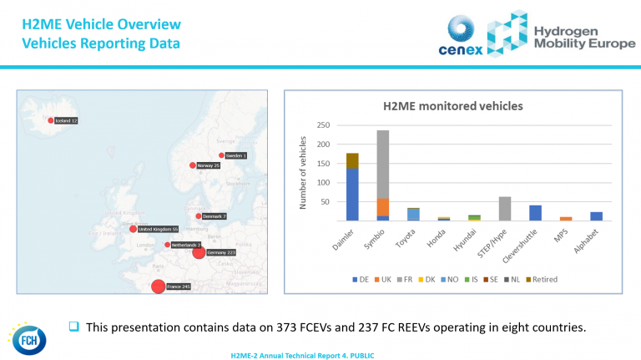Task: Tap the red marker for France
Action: [158, 287]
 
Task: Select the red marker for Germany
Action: [199, 252]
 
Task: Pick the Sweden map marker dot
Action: [221, 155]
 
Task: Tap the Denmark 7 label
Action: [215, 216]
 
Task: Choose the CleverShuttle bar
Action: [535, 213]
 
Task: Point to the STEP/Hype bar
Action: [505, 209]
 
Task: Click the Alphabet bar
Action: [597, 216]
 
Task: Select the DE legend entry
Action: [361, 279]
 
